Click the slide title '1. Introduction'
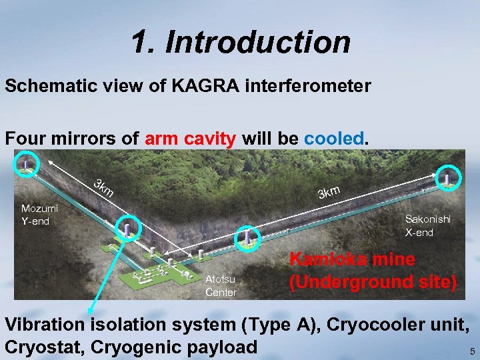coord(241,42)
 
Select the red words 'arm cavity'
coord(190,139)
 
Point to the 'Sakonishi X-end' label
coord(427,225)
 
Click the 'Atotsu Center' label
coord(221,286)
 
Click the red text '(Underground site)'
coord(373,282)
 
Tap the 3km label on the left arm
coord(103,189)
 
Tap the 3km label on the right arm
coord(329,192)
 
